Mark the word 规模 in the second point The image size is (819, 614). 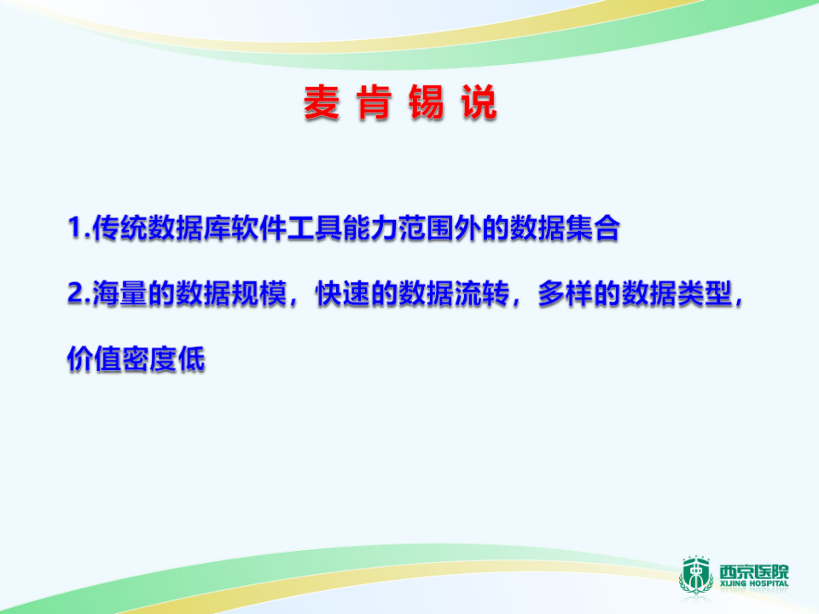pos(257,294)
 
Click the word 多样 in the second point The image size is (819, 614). pos(563,294)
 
